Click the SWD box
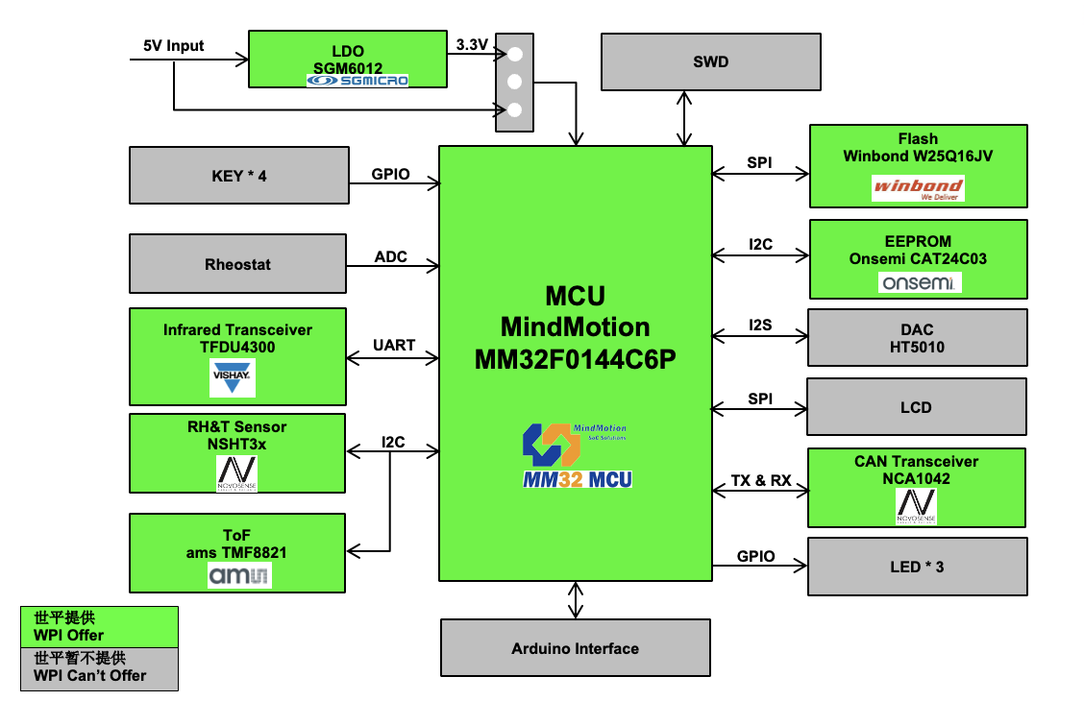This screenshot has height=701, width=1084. pyautogui.click(x=710, y=62)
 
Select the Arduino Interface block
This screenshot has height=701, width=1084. pyautogui.click(x=575, y=648)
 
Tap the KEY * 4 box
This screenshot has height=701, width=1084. pyautogui.click(x=238, y=176)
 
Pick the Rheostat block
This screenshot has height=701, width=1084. pyautogui.click(x=237, y=265)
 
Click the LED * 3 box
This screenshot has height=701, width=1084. pyautogui.click(x=917, y=567)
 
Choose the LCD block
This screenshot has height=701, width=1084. pyautogui.click(x=916, y=407)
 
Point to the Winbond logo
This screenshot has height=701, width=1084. pyautogui.click(x=917, y=187)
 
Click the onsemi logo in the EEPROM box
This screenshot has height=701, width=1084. pyautogui.click(x=919, y=282)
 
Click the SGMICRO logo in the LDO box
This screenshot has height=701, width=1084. pyautogui.click(x=357, y=81)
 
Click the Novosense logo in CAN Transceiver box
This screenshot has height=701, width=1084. pyautogui.click(x=916, y=505)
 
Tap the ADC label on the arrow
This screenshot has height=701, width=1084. pyautogui.click(x=391, y=257)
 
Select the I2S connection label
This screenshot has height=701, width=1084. pyautogui.click(x=760, y=326)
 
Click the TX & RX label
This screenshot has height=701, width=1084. pyautogui.click(x=761, y=480)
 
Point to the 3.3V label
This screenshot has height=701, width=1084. pyautogui.click(x=472, y=45)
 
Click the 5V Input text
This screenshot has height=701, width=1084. pyautogui.click(x=173, y=46)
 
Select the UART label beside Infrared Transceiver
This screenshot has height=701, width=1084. pyautogui.click(x=393, y=346)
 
